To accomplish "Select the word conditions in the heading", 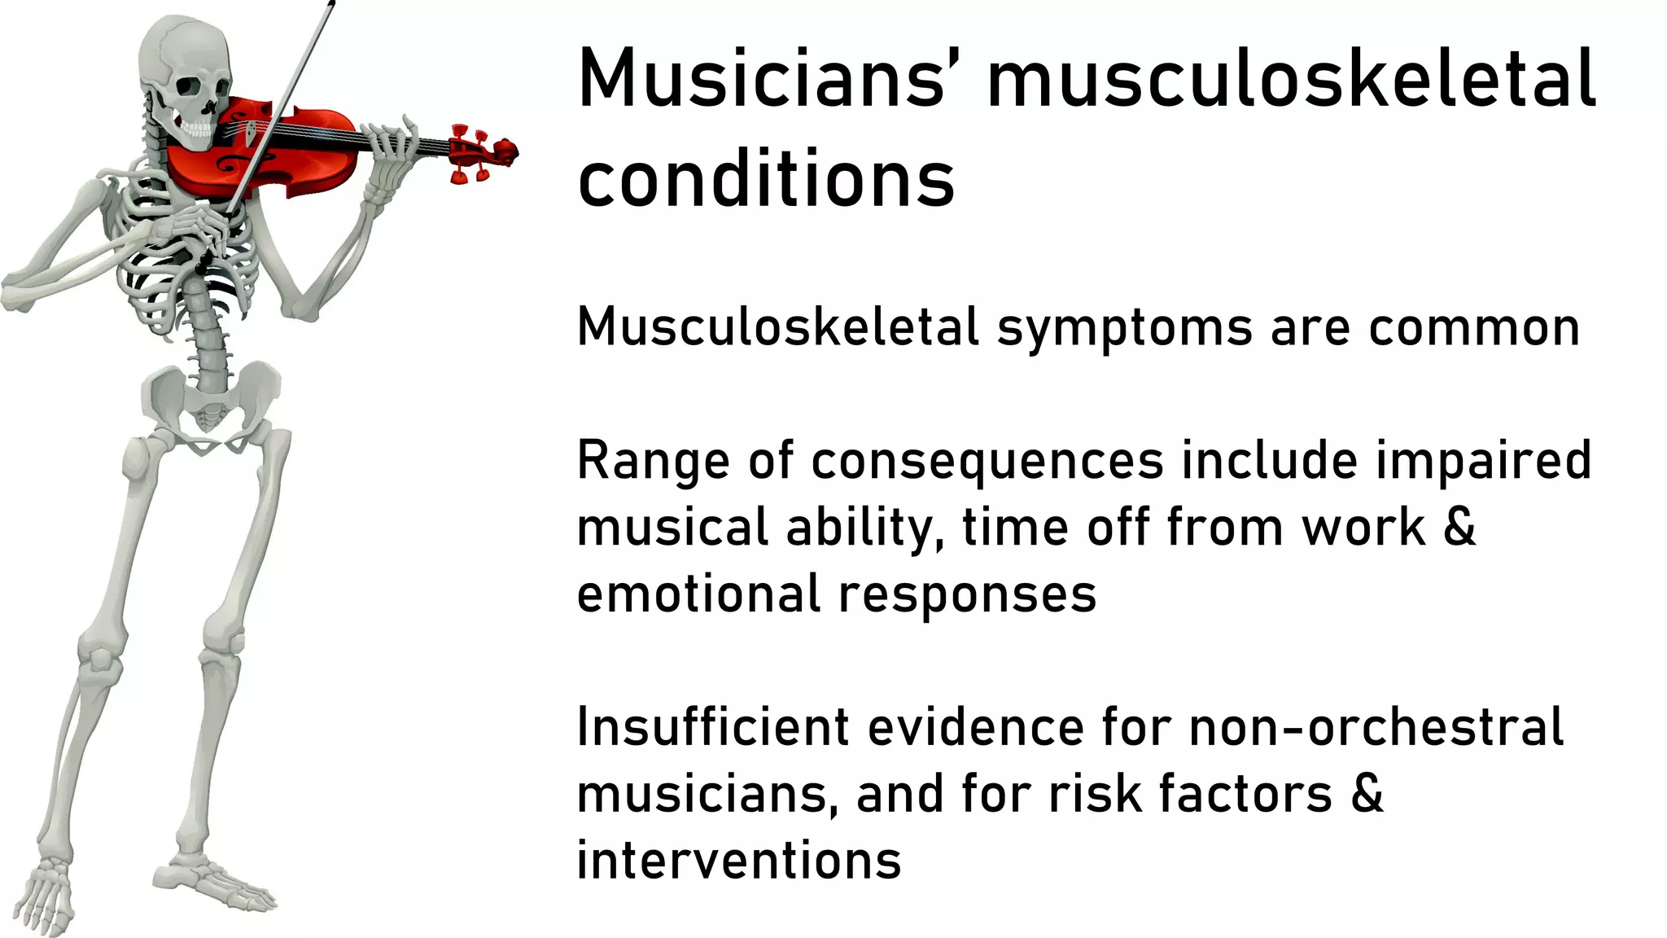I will point(765,180).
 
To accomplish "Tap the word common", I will point(1474,327).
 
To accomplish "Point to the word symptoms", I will point(1125,329).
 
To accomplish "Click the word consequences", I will point(987,462).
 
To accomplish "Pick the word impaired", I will point(1483,461).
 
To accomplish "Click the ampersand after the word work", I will point(1459,528).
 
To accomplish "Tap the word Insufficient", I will point(713,726).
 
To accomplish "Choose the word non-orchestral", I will point(1376,726).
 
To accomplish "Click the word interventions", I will point(738,860).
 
